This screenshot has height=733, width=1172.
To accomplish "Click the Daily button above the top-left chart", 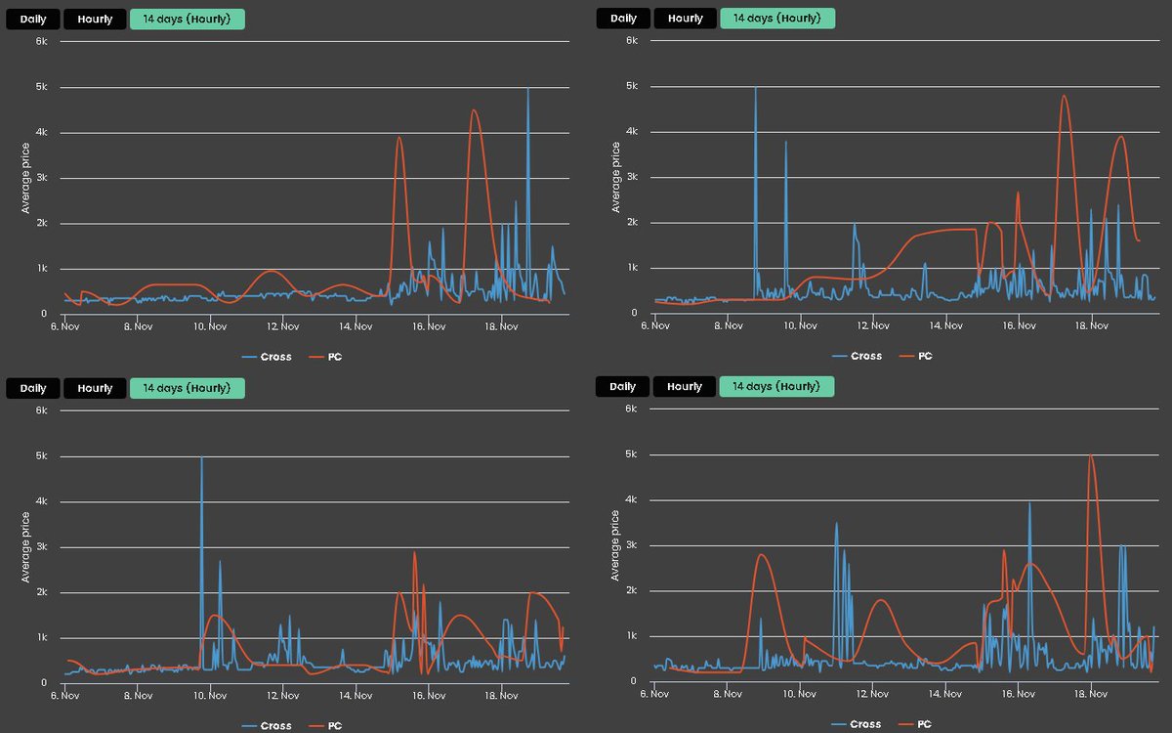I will (x=32, y=20).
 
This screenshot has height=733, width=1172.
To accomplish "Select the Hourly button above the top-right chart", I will (x=685, y=19).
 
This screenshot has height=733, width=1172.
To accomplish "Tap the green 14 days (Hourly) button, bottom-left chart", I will (x=187, y=388).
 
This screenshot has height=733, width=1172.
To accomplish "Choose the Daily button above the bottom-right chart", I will (x=622, y=387).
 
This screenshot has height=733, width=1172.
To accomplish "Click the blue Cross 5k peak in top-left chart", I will (x=528, y=89).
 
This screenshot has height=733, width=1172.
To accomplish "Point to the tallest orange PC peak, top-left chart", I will (x=474, y=110).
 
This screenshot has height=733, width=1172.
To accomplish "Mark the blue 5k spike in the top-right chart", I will (x=755, y=89).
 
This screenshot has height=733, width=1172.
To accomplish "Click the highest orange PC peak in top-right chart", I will (x=1064, y=96).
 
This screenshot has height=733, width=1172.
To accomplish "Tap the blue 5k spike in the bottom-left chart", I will (x=202, y=457).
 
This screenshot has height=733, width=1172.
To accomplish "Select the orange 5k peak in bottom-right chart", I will (x=1091, y=456).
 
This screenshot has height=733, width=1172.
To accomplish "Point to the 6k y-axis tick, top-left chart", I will (x=42, y=41).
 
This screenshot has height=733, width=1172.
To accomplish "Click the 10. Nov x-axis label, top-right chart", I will (x=801, y=325).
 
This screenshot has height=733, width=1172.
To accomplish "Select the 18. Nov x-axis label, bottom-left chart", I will (x=501, y=695).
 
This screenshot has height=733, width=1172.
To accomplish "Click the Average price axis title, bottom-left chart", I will (x=26, y=547).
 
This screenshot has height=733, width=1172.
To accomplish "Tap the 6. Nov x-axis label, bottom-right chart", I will (x=654, y=694).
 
